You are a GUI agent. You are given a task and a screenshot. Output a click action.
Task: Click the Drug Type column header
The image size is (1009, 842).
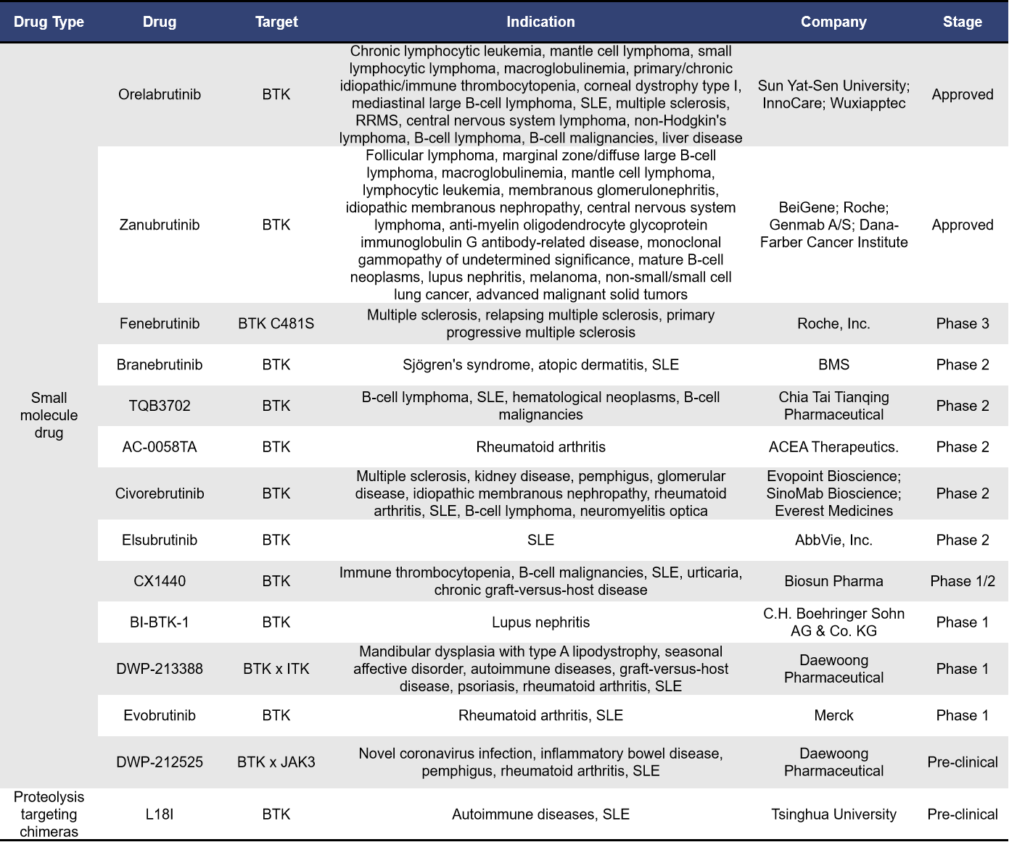tap(49, 22)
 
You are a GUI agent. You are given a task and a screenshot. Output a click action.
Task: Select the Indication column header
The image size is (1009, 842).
tap(540, 22)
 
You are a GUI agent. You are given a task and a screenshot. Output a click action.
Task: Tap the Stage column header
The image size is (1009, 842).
tap(962, 22)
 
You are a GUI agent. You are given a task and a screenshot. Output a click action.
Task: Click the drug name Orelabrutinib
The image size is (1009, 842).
tap(160, 95)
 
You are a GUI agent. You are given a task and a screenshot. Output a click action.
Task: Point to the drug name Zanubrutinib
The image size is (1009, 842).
tap(160, 225)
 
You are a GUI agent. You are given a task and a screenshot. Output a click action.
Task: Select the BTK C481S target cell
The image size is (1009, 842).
tap(276, 324)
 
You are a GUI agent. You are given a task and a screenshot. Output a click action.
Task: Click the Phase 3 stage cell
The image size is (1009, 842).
tap(962, 324)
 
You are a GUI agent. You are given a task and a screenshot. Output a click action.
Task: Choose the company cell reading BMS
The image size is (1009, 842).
tap(833, 365)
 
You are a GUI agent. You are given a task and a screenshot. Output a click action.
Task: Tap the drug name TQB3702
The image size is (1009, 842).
tap(160, 407)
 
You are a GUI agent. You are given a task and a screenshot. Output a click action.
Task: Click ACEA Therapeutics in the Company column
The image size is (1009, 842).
tap(833, 447)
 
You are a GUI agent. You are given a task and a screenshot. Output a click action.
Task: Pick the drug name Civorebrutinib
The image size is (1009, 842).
tap(160, 493)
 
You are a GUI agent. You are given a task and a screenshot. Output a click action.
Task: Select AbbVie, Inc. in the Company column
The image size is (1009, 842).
tap(833, 541)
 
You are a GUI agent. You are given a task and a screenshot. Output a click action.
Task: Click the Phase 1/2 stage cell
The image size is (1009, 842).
tap(962, 581)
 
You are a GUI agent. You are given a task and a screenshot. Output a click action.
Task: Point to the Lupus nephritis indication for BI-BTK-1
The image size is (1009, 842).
tap(540, 622)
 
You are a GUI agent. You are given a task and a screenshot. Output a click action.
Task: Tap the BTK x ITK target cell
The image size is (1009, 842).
tap(276, 669)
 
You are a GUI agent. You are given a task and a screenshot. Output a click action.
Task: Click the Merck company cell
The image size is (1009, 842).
tap(833, 716)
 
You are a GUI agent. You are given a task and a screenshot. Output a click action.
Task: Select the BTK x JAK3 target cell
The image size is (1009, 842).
tap(276, 762)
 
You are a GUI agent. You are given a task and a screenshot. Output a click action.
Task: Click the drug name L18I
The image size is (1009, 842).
tap(160, 814)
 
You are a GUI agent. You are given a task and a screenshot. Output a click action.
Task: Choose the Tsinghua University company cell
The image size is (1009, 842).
tap(833, 814)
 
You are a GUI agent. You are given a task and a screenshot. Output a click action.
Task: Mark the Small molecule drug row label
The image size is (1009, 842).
tap(49, 415)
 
